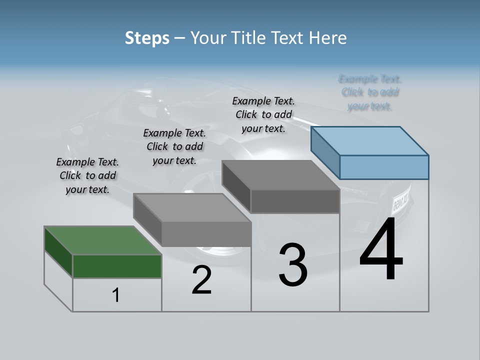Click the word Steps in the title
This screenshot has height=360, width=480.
tap(147, 38)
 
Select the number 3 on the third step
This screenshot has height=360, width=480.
tap(293, 265)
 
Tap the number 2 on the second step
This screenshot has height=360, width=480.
tap(201, 280)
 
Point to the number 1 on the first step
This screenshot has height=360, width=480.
tap(116, 295)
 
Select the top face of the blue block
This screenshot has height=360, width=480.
tap(370, 140)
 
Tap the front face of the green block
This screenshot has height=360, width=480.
tap(117, 266)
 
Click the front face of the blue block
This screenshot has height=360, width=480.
tap(384, 167)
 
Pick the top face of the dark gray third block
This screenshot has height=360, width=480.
tap(280, 175)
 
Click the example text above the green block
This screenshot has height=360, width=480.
tap(87, 176)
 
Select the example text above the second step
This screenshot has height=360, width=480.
tap(174, 147)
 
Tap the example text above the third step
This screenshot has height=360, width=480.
tap(263, 115)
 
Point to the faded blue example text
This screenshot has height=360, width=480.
tap(370, 92)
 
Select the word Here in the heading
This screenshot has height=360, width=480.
tap(328, 38)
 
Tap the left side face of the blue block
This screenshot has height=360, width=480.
tap(325, 152)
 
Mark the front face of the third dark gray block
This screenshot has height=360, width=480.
tap(295, 201)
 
